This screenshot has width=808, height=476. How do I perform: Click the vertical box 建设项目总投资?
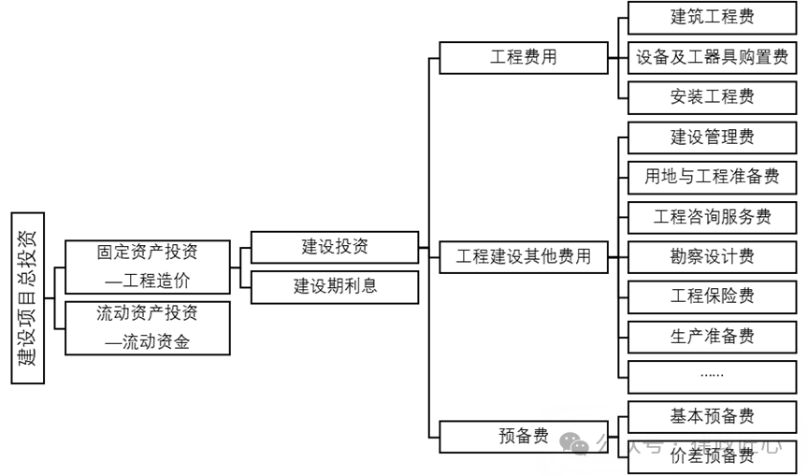(29, 298)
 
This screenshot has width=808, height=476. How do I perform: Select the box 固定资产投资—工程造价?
(148, 267)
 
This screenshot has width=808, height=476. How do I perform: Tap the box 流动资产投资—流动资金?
(148, 327)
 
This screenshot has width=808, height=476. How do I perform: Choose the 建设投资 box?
(335, 247)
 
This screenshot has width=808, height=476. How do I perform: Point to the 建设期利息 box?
(335, 286)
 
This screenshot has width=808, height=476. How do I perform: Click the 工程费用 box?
(523, 57)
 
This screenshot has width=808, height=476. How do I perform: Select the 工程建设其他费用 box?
(523, 256)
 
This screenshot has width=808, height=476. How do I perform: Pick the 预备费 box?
(523, 437)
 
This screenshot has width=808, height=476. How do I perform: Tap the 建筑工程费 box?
(712, 17)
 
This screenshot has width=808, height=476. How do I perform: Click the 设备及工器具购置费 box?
(712, 57)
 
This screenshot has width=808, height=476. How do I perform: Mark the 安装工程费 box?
(712, 97)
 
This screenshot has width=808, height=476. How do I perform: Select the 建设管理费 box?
(712, 137)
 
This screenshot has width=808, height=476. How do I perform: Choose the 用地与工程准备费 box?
(712, 177)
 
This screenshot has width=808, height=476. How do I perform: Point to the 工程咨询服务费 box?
(712, 217)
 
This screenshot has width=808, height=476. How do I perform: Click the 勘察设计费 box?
(712, 256)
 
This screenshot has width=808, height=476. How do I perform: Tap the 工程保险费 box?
(712, 296)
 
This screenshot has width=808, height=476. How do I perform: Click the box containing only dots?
(712, 376)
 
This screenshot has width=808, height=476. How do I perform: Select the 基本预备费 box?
(712, 416)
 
